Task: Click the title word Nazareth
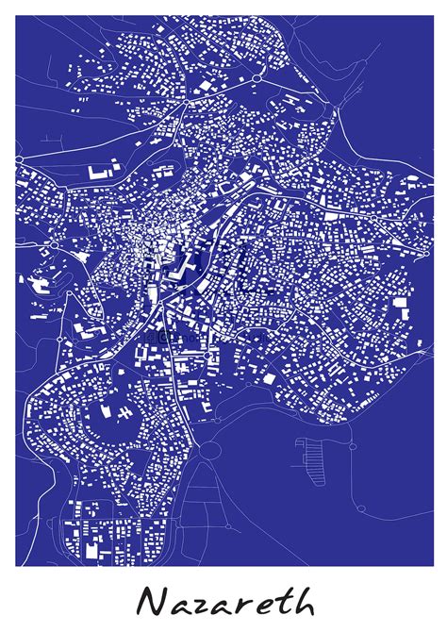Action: (x=224, y=601)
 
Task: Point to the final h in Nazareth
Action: (x=301, y=599)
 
